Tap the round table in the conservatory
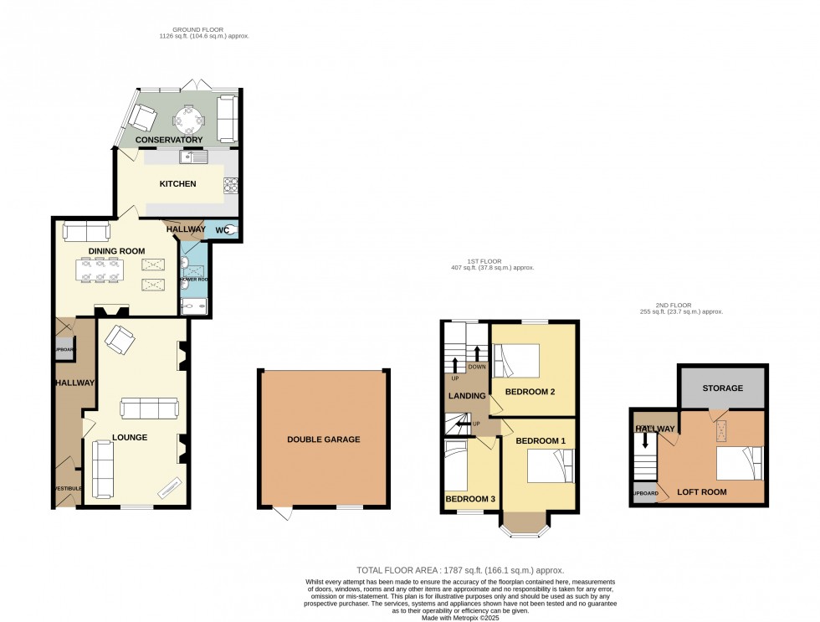click(x=188, y=118)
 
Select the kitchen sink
click(x=194, y=157)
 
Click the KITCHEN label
click(x=178, y=183)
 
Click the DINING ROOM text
click(x=117, y=250)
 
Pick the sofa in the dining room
click(x=86, y=231)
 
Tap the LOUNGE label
click(x=130, y=437)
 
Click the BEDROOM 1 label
click(x=540, y=440)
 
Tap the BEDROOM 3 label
click(x=470, y=500)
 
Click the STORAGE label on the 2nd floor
click(x=722, y=388)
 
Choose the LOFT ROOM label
click(x=701, y=492)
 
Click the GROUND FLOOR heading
click(x=192, y=30)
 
